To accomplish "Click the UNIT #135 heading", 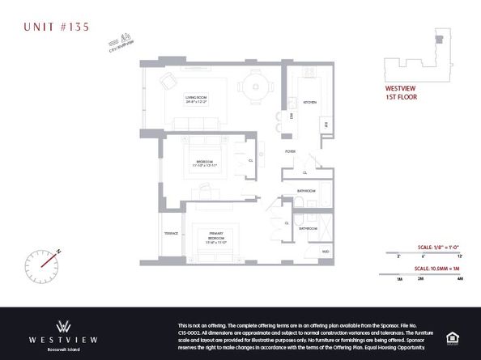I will coord(54,26).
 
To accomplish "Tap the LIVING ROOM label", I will coord(197,100).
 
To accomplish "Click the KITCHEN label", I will coord(309,103).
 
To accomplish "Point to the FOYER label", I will coord(289,151).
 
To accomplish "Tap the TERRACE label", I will coord(171,232).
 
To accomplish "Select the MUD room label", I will coord(325,252).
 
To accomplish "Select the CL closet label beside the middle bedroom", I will coord(251,160).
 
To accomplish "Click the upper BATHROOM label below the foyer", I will coord(306,191).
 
